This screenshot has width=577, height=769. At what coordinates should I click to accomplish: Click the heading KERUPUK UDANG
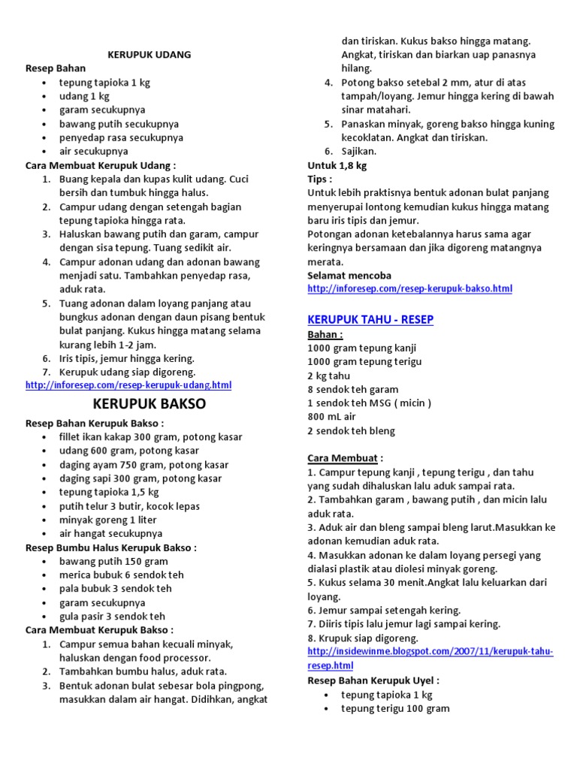click(150, 55)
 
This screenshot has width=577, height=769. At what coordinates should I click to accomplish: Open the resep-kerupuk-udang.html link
click(128, 385)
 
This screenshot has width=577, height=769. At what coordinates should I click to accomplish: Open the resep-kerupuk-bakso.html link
click(409, 289)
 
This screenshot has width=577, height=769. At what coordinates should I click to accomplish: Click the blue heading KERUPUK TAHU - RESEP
click(370, 320)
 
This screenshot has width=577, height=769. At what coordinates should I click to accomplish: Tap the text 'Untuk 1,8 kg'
click(337, 165)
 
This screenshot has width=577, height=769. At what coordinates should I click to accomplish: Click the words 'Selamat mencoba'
click(349, 276)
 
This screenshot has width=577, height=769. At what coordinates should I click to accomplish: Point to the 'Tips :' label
click(319, 179)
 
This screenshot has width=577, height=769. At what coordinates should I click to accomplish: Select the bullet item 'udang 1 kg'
click(84, 96)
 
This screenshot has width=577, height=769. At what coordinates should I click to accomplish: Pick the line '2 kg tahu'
click(329, 375)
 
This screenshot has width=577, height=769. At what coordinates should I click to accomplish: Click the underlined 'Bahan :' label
click(325, 334)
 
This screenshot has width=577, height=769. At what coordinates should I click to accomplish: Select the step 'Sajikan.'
click(359, 151)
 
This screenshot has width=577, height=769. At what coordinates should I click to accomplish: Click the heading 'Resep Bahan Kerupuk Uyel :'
click(373, 680)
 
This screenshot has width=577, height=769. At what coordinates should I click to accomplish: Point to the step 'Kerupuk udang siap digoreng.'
click(127, 372)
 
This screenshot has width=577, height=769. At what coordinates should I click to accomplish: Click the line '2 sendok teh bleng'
click(351, 431)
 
